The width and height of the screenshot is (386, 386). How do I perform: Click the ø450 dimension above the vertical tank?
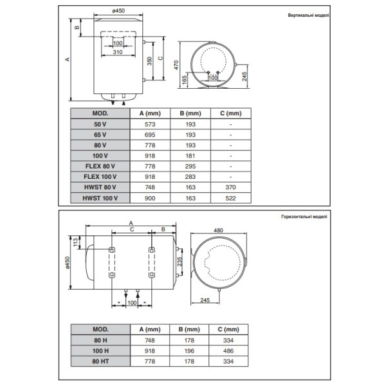tap(118, 10)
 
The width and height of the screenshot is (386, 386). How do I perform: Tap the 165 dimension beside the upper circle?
tap(185, 80)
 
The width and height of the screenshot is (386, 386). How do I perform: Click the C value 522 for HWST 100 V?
tap(230, 197)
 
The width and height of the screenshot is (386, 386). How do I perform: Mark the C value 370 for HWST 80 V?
tap(230, 187)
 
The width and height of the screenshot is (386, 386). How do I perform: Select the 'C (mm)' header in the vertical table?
tap(230, 113)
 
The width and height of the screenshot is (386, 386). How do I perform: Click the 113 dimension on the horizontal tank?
tap(75, 243)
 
